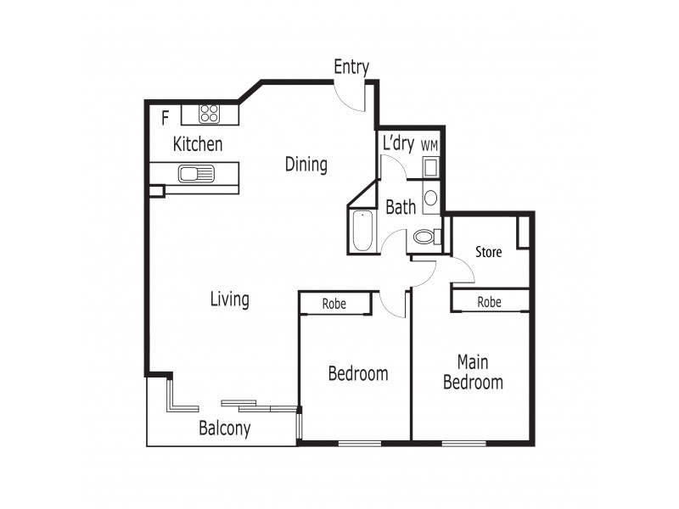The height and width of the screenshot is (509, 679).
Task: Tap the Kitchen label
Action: tap(198, 144)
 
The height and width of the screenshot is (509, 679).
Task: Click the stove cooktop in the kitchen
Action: tap(210, 114)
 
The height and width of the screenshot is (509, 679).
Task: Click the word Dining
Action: tap(306, 164)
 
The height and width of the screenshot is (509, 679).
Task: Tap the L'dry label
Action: tap(398, 143)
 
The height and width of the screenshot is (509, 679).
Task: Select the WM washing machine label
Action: tap(429, 146)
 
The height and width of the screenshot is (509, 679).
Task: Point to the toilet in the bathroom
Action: tap(427, 237)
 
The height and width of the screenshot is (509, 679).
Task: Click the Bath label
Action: tap(401, 206)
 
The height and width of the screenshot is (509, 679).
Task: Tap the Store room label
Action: tap(488, 252)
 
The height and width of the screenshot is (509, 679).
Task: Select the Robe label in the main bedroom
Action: tap(488, 301)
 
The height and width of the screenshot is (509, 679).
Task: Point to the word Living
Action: tap(230, 299)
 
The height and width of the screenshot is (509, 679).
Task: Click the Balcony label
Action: tap(224, 428)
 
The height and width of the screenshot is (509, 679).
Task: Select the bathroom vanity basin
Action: tap(429, 198)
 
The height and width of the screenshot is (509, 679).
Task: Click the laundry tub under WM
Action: tap(429, 166)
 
